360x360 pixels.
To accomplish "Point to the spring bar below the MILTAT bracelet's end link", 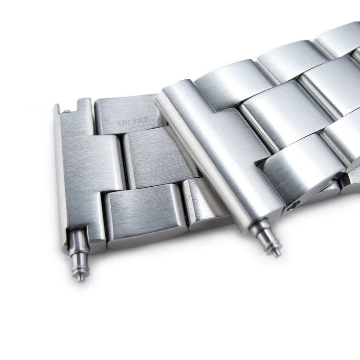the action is tap(78, 254).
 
